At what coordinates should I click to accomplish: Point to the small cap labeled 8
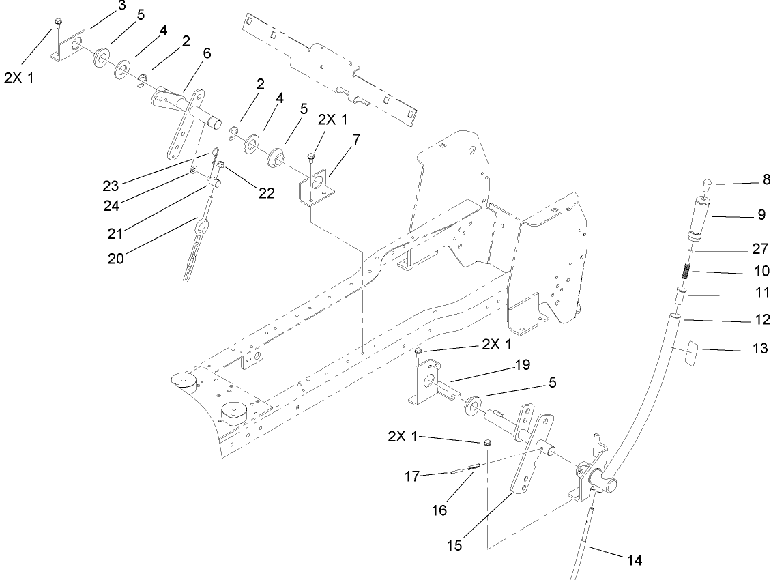pyautogui.click(x=705, y=184)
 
